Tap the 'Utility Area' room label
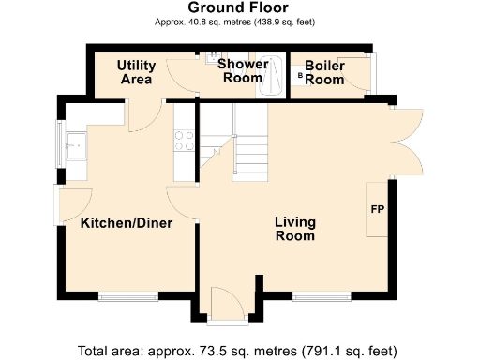point(136,72)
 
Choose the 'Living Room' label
point(294,229)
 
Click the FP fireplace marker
point(378,208)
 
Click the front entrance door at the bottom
point(224,306)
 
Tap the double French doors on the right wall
point(405,137)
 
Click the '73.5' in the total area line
point(218,351)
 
